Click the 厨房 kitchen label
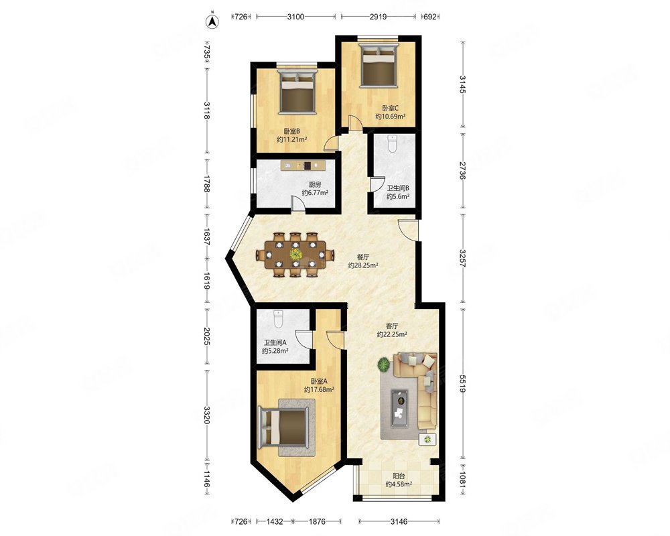[315, 185]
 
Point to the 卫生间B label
[398, 188]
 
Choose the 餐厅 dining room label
[363, 257]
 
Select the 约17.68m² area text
[319, 389]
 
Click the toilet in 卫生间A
[278, 319]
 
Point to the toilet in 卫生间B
[392, 143]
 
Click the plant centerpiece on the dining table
[295, 255]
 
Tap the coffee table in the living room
[401, 403]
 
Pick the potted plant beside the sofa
[383, 365]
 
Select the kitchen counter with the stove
[304, 165]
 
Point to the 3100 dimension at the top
[295, 17]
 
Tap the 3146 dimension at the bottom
[399, 521]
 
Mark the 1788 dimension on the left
[207, 184]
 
